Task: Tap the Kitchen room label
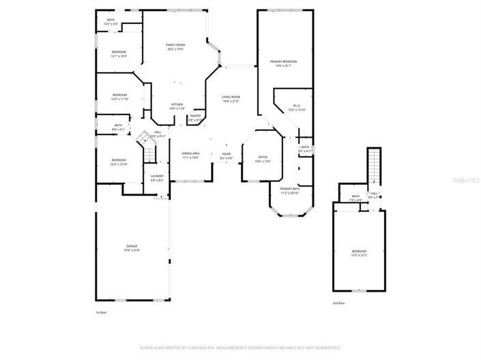click(x=176, y=106)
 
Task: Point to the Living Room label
click(x=231, y=99)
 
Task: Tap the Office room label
click(x=263, y=159)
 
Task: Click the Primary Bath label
click(x=290, y=191)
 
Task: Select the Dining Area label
click(x=190, y=155)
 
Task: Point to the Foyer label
click(x=226, y=155)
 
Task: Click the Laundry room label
click(x=156, y=178)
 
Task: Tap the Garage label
click(x=131, y=247)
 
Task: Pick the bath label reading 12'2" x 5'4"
click(x=111, y=22)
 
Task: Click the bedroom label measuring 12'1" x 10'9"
click(x=119, y=54)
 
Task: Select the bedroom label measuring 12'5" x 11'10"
click(x=119, y=96)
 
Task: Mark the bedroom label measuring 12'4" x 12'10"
click(x=119, y=162)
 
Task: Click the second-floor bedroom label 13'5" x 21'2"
click(x=359, y=254)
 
